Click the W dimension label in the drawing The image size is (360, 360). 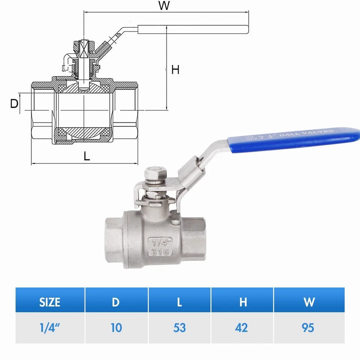[163, 6]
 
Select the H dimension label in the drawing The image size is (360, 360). [175, 70]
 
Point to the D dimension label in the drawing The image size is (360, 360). [14, 104]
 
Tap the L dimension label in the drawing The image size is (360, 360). [87, 156]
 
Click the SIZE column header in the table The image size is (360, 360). [50, 302]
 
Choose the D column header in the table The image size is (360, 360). [116, 302]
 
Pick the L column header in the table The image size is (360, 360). [180, 302]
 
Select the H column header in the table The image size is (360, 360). [243, 302]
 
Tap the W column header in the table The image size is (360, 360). [309, 302]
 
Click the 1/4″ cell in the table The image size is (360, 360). [50, 328]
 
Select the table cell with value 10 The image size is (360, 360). [116, 328]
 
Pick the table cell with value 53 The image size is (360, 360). [180, 328]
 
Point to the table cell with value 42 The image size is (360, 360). [242, 328]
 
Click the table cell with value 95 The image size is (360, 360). [308, 328]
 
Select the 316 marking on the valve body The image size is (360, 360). [160, 252]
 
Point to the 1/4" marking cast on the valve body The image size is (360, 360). [160, 242]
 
